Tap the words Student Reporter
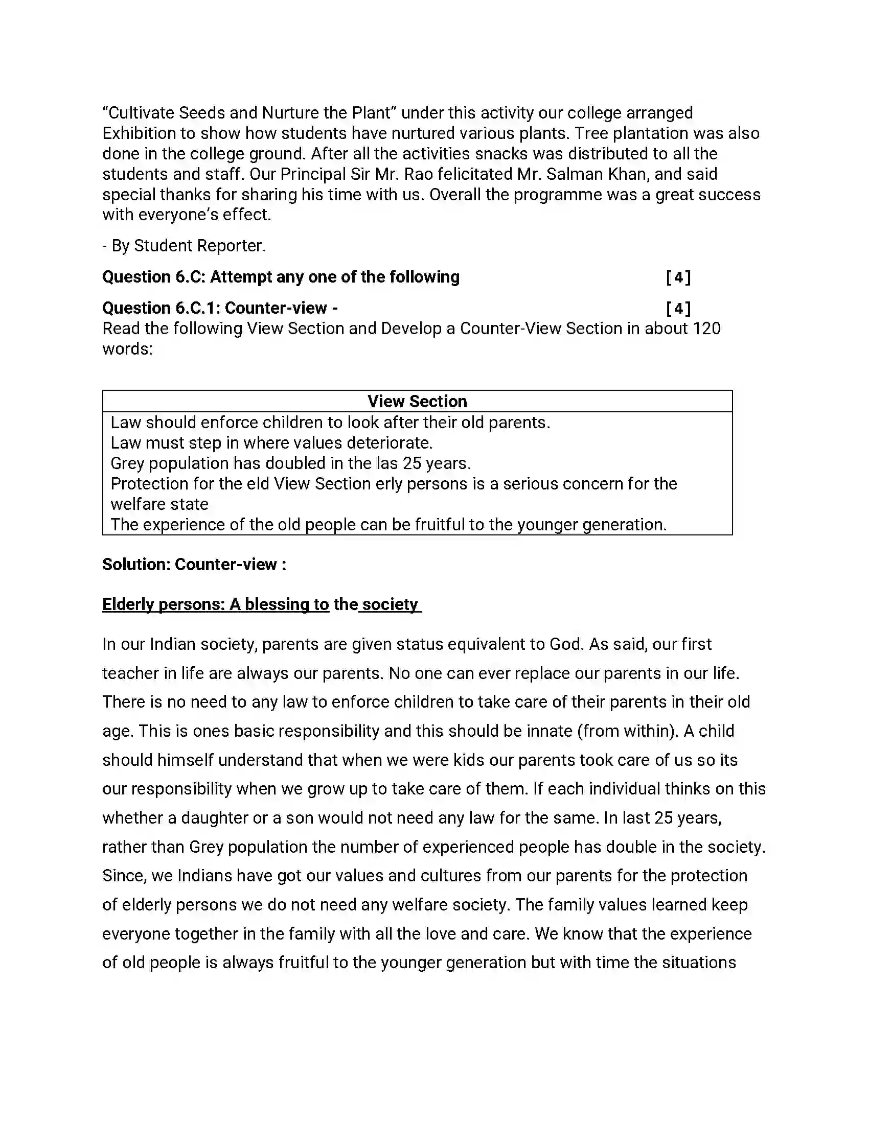click(200, 246)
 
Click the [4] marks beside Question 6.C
click(678, 277)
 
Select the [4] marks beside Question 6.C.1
click(678, 308)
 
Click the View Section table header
click(417, 402)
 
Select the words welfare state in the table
click(159, 504)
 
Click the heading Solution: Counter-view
click(194, 565)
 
